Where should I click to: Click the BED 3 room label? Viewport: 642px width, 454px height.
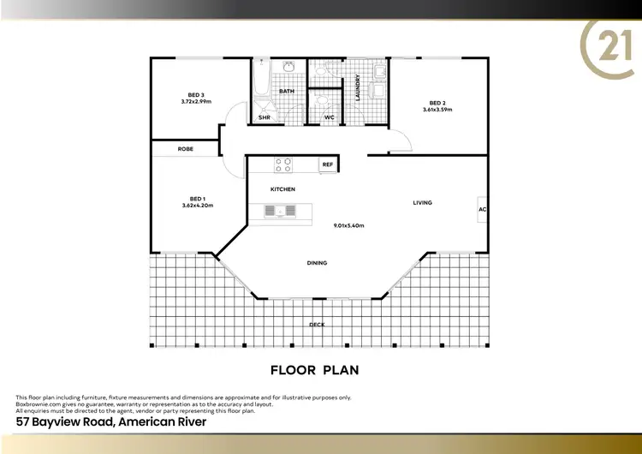click(196, 94)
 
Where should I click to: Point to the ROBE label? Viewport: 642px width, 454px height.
click(186, 149)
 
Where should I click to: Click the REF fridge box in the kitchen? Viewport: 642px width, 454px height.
click(327, 164)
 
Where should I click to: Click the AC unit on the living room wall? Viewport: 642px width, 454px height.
click(483, 209)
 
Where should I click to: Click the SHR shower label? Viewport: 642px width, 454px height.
click(265, 118)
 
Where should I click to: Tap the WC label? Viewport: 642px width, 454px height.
click(329, 118)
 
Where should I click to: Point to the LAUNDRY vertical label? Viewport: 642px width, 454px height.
click(358, 88)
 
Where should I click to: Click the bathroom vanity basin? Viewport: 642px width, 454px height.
click(289, 65)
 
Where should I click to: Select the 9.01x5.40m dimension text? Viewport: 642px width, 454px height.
click(349, 226)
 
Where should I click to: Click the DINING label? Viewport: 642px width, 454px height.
click(317, 263)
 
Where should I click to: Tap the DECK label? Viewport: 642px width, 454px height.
click(317, 325)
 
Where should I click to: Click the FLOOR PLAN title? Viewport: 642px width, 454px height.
click(314, 371)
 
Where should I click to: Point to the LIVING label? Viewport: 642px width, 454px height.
click(422, 203)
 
